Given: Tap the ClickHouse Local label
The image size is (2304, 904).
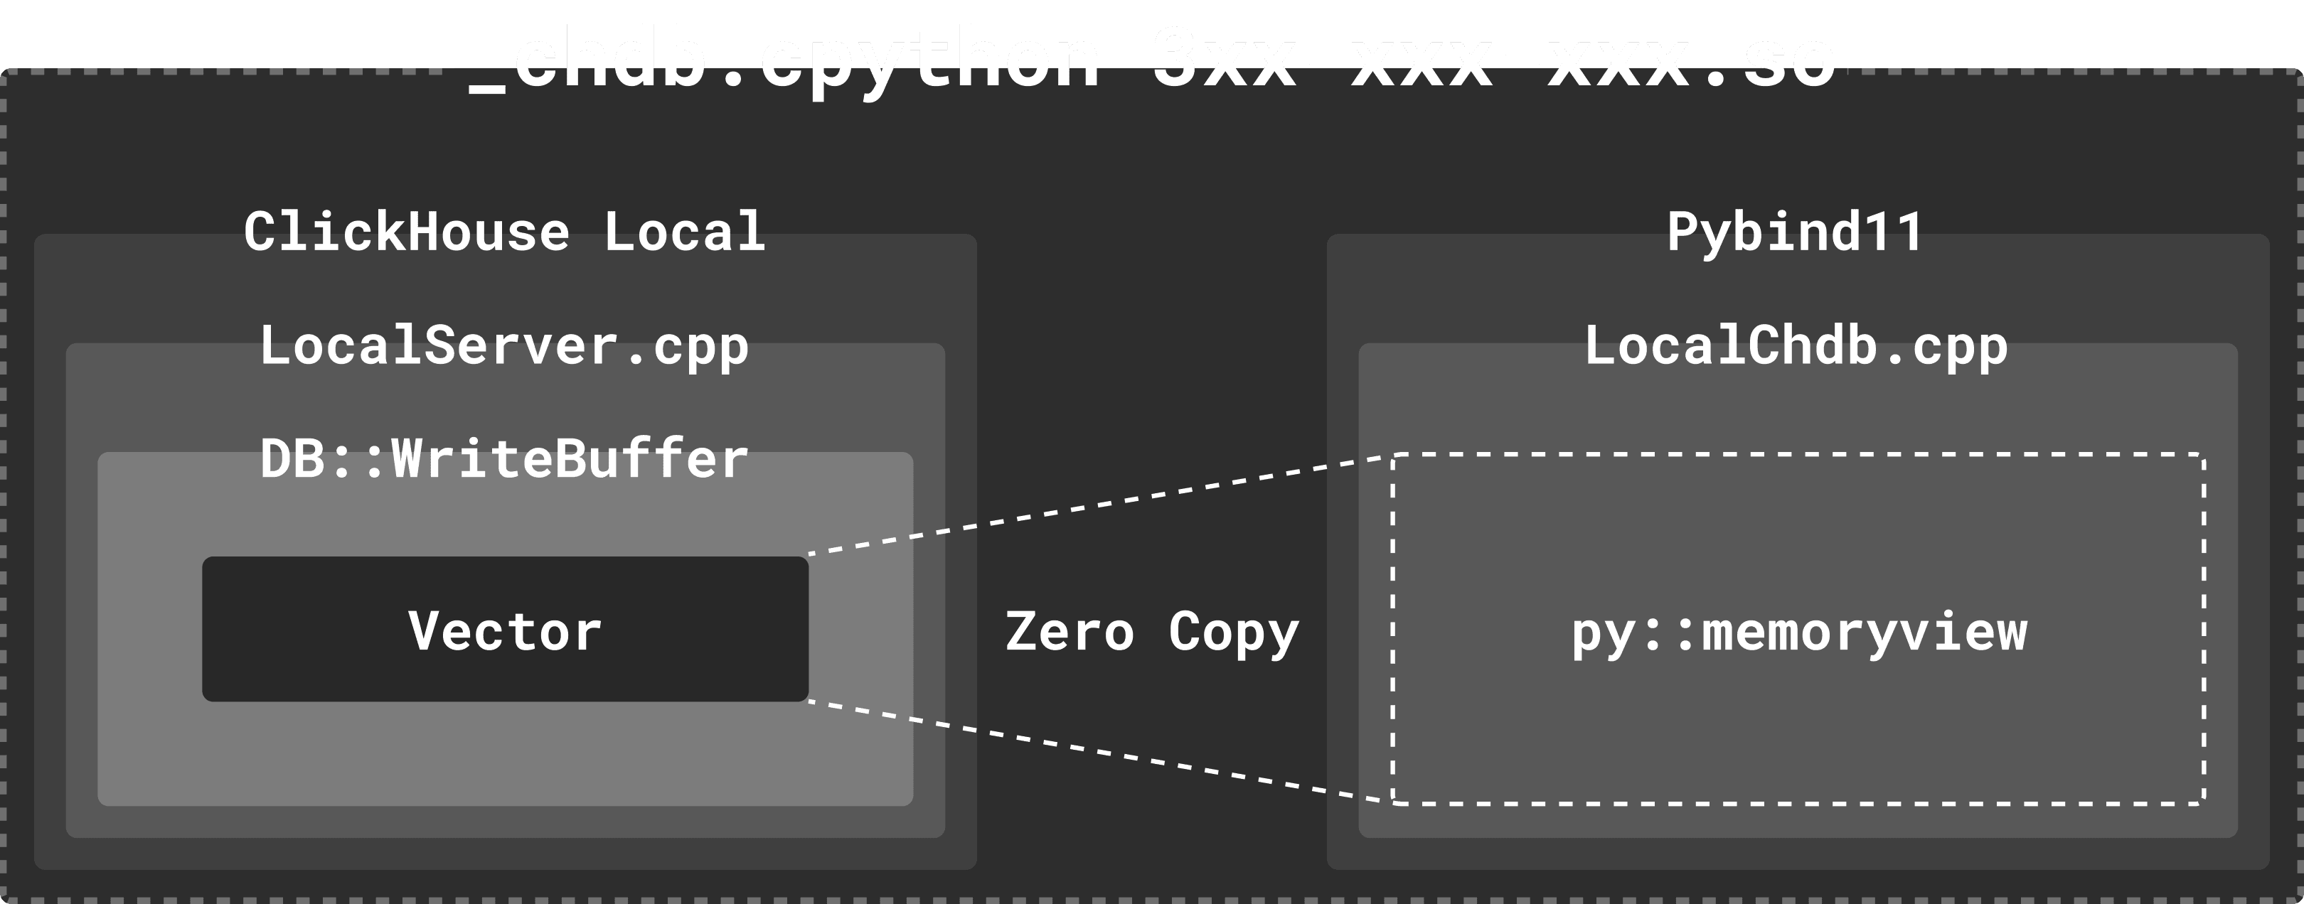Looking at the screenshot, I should [504, 232].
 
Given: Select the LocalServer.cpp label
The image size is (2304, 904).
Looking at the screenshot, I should [504, 346].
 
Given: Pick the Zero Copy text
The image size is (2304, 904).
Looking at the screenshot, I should [1152, 633].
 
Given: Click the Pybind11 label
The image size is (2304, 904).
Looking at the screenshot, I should [1795, 232].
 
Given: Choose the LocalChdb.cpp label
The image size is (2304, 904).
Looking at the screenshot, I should [1796, 346].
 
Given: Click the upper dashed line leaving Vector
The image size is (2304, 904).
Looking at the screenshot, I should [1100, 505].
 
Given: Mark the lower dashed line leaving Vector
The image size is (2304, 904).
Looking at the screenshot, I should [1100, 752].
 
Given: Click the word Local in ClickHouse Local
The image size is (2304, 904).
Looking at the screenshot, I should [684, 232].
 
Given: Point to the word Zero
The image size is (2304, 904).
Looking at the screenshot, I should [1070, 633].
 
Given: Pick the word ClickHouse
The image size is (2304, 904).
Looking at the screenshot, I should [406, 232].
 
